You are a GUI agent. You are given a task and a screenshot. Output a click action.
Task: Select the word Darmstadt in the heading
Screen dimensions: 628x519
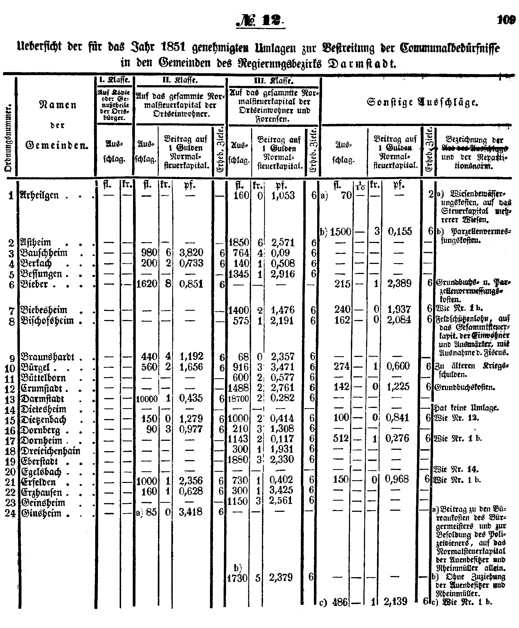(x=362, y=63)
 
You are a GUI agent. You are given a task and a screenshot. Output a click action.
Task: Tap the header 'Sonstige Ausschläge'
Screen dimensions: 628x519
(x=422, y=103)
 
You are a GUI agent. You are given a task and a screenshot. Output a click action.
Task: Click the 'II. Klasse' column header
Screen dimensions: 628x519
(x=180, y=81)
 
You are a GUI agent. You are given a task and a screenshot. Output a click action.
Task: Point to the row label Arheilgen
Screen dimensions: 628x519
(x=39, y=196)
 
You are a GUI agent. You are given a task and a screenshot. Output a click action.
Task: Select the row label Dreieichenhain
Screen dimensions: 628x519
(x=50, y=451)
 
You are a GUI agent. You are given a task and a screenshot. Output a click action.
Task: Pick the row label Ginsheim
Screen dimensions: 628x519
(x=41, y=513)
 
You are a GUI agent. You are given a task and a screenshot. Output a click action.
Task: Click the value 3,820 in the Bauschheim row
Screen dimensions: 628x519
(x=191, y=253)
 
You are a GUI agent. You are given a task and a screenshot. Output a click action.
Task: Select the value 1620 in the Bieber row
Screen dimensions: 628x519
(x=147, y=284)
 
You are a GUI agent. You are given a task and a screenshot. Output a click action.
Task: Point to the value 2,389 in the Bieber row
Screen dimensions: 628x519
(x=399, y=284)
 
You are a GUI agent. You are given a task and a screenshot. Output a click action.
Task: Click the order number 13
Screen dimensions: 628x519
(x=10, y=400)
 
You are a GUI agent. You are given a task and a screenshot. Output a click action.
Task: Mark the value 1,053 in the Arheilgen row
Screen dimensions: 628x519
(x=283, y=196)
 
